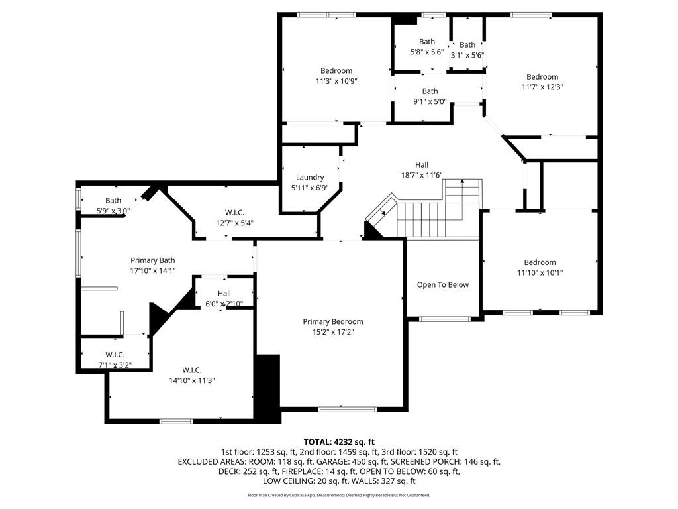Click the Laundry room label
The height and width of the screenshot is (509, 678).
coord(310,177)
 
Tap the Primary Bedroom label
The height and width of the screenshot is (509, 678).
coord(333,321)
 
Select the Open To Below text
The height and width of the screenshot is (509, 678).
coord(443,285)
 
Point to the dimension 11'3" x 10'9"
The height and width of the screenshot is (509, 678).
coord(336,80)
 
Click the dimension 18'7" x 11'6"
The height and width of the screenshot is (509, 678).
coord(422,175)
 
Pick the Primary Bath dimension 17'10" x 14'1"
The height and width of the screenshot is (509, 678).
coord(153,271)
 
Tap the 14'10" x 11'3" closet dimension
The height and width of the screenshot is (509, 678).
coord(191,380)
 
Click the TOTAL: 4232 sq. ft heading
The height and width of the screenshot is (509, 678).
coord(339,442)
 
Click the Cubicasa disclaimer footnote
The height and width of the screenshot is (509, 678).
coord(339,495)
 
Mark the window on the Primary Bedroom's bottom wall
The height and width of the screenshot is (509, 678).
coord(347,409)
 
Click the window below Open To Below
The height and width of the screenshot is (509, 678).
coord(445,319)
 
